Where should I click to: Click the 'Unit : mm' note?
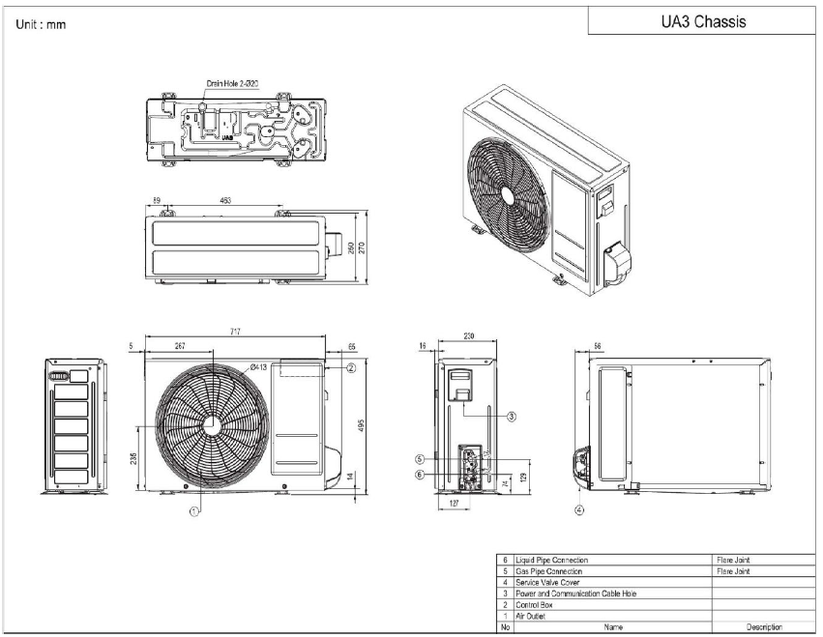point(41,24)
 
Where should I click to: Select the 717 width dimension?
point(235,333)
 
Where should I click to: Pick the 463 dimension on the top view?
point(224,201)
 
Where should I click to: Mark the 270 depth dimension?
point(365,247)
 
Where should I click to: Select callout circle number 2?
point(352,367)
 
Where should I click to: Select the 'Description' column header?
point(763,627)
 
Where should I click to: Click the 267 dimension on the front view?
point(180,345)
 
